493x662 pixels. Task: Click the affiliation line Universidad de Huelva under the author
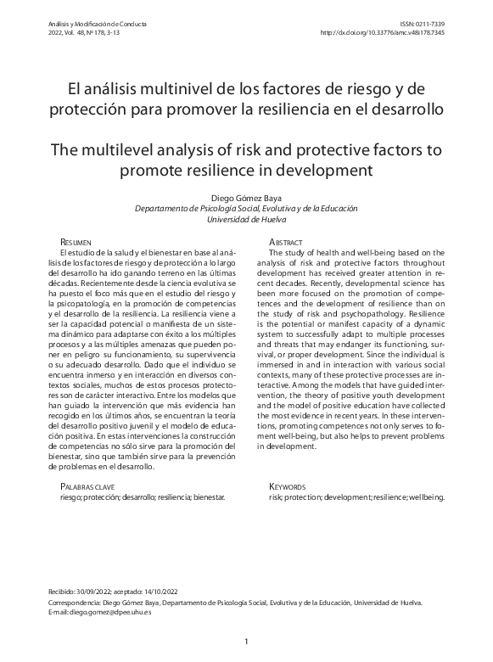click(x=246, y=218)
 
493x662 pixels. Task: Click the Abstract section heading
click(x=286, y=243)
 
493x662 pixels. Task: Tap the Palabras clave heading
click(x=88, y=486)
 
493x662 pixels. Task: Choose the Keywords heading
click(x=287, y=486)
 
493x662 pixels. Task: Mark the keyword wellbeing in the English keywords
click(x=424, y=497)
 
